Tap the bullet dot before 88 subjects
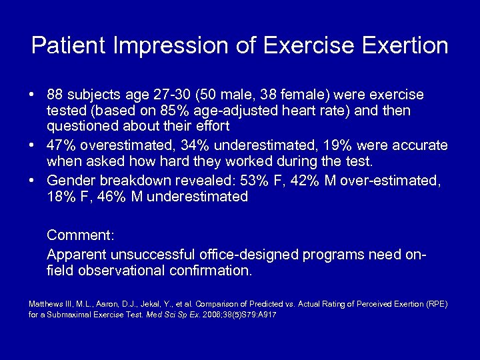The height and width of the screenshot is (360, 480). (33, 95)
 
